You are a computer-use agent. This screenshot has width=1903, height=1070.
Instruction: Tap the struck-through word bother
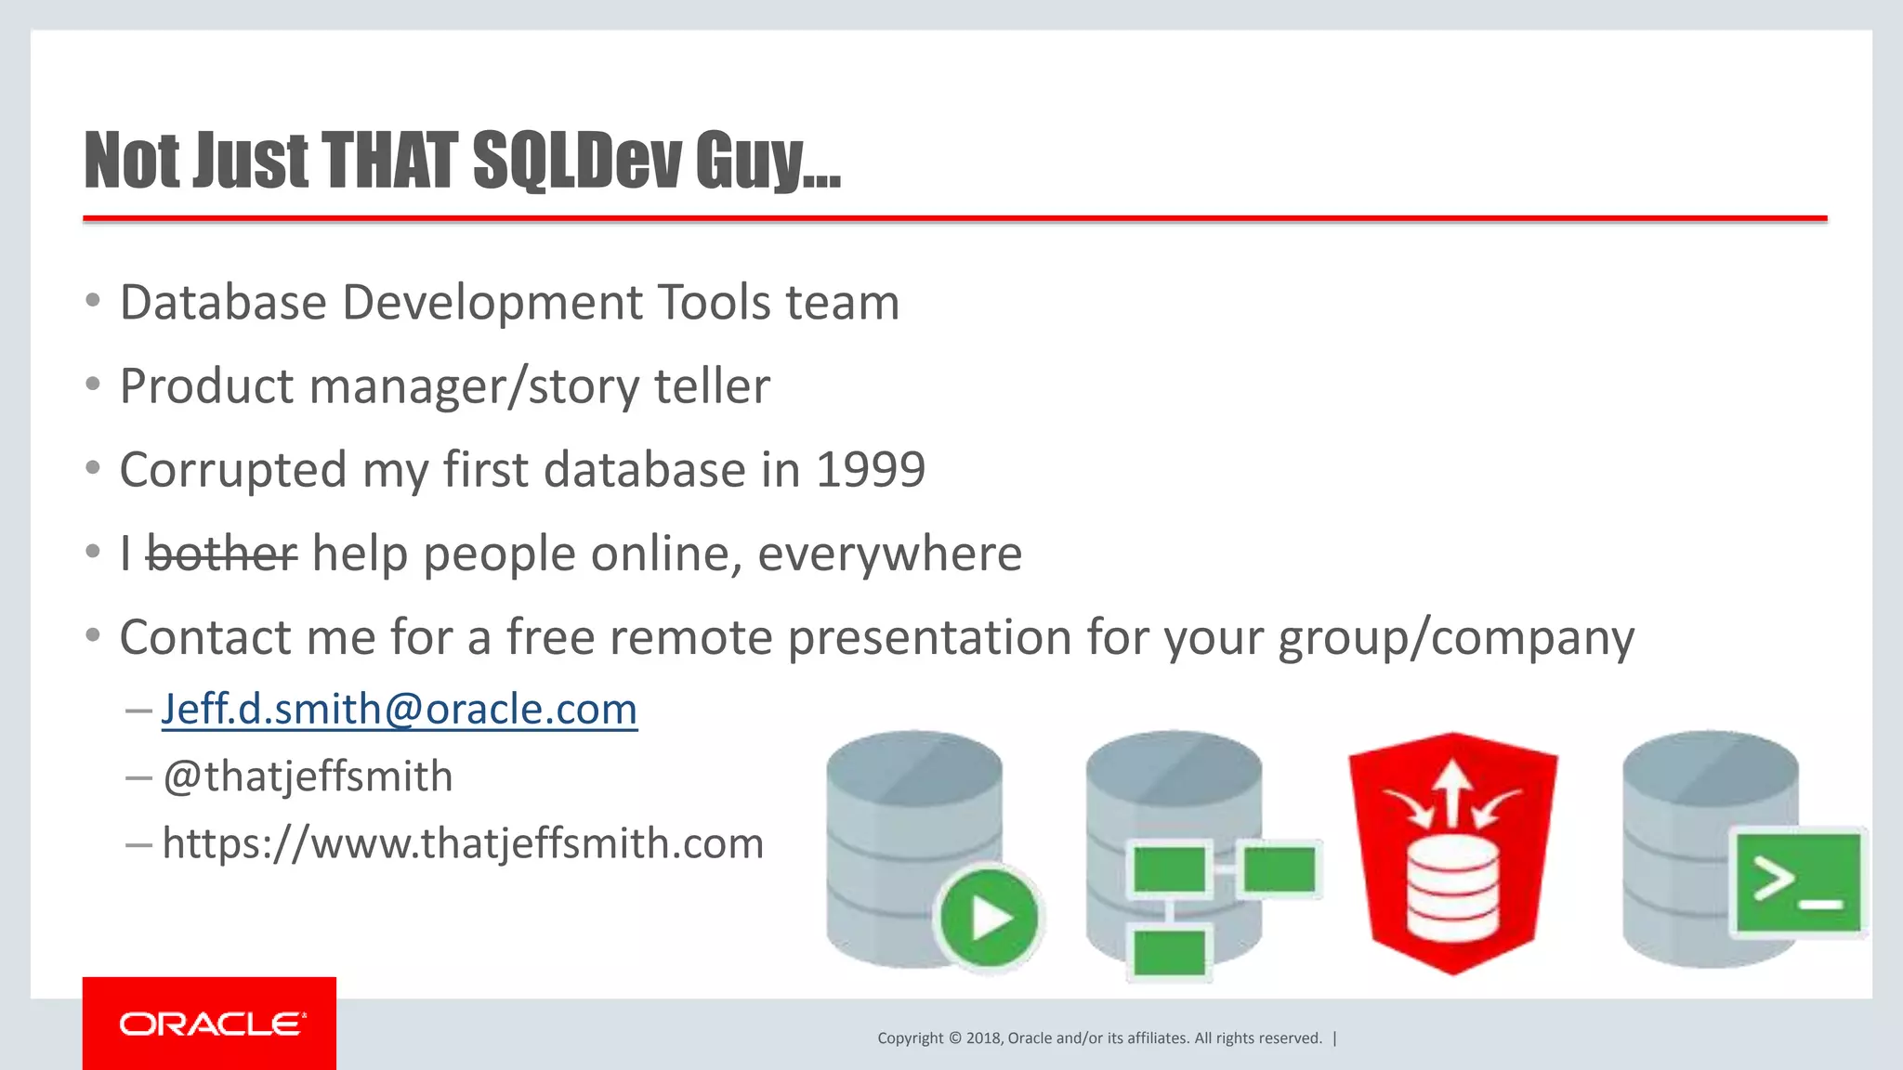coord(222,555)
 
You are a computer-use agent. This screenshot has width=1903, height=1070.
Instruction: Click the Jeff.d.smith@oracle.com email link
coord(400,710)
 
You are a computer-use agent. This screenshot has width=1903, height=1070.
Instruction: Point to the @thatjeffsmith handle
coord(308,776)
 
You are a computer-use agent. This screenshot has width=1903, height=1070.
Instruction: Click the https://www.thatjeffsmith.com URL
coord(463,843)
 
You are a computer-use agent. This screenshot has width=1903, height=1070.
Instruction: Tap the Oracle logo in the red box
coord(210,1024)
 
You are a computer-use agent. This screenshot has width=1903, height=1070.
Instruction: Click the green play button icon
coord(989,918)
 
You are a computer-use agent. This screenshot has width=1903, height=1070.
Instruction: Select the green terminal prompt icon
coord(1797,882)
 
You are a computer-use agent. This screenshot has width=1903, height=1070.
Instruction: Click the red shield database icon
coord(1452,853)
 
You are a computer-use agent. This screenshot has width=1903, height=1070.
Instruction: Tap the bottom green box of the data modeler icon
coord(1169,953)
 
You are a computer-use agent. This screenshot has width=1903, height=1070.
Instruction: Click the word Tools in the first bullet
coord(715,303)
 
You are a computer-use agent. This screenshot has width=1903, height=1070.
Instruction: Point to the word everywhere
coord(889,555)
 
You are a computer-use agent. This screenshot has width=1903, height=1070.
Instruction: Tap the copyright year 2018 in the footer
coord(983,1038)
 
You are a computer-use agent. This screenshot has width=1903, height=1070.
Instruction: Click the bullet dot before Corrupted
coord(92,469)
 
